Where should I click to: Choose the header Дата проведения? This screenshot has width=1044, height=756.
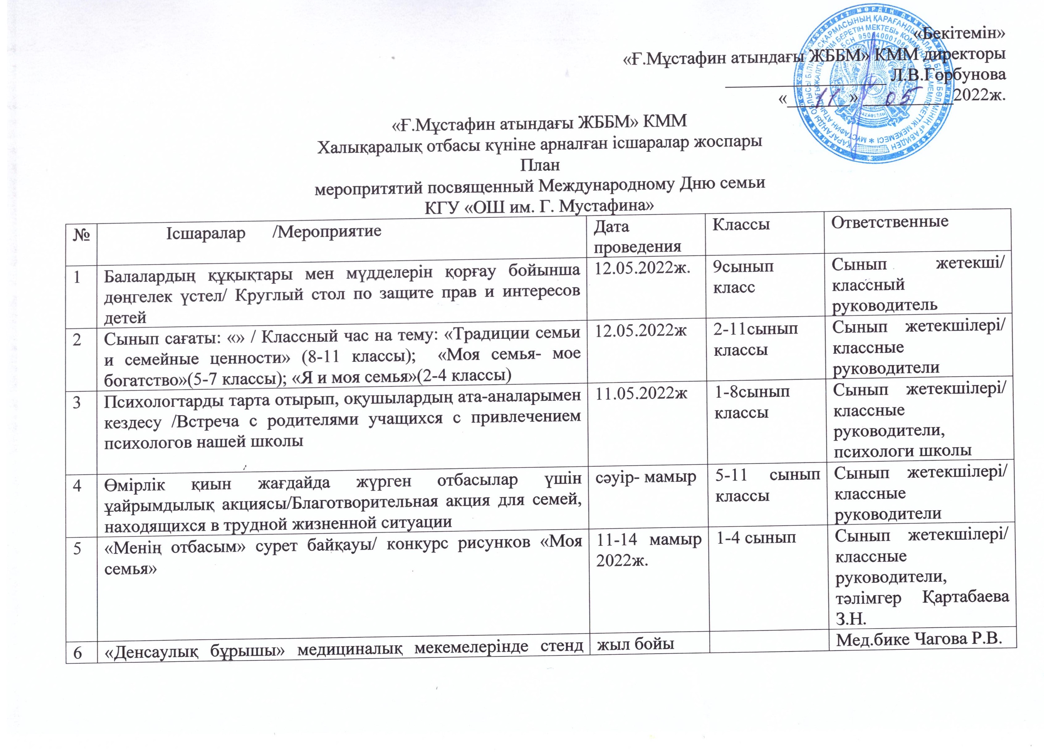tap(638, 237)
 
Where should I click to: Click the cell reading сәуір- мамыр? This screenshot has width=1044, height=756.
tap(646, 478)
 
